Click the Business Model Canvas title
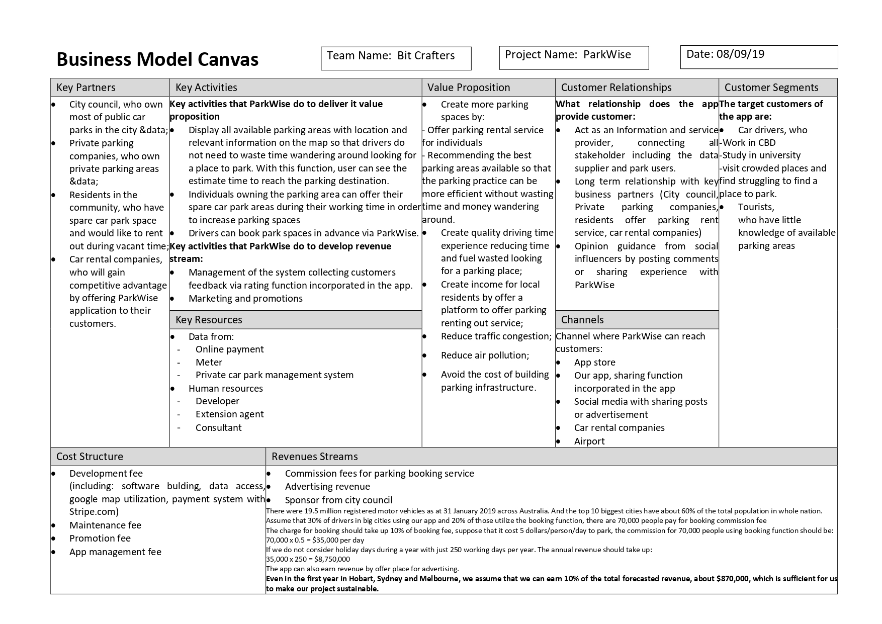click(157, 59)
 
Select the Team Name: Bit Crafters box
click(396, 58)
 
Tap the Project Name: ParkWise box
click(574, 57)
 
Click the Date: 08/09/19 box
click(759, 57)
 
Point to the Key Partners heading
click(86, 87)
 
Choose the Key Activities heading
click(206, 87)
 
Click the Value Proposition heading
click(469, 87)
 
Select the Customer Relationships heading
click(616, 87)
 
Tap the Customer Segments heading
click(771, 87)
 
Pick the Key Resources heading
click(209, 320)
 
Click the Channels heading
click(582, 320)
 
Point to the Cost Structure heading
click(90, 457)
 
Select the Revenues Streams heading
click(315, 457)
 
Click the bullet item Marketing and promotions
click(245, 299)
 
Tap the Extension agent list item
click(229, 414)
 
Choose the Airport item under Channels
click(589, 441)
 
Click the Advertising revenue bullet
click(327, 487)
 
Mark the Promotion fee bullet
click(100, 539)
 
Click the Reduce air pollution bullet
click(485, 355)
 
